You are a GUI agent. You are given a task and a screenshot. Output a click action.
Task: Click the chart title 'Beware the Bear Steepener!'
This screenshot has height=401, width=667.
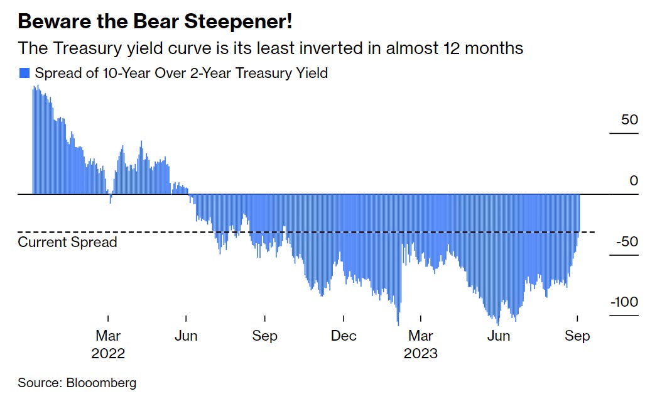click(155, 23)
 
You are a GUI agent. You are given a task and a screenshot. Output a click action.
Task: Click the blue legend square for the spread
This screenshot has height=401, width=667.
click(24, 74)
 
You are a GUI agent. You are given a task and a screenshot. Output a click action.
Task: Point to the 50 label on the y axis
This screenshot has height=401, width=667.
click(629, 119)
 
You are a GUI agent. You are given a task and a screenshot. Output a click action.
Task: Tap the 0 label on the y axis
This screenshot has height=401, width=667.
click(634, 181)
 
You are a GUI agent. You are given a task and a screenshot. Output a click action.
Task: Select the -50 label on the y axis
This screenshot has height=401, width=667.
click(626, 242)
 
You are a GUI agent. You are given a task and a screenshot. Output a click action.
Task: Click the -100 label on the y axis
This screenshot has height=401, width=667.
click(624, 302)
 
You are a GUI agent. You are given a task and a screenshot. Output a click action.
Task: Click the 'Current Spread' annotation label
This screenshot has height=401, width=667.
click(67, 242)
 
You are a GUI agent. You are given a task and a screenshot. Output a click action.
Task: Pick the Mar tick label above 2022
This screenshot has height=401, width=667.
click(108, 336)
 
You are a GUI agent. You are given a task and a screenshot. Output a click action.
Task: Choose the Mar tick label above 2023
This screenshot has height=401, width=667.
click(420, 336)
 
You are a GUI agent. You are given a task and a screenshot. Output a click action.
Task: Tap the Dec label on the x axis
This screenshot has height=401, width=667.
click(344, 336)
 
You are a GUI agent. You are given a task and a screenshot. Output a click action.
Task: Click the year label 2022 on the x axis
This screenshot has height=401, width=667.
click(108, 353)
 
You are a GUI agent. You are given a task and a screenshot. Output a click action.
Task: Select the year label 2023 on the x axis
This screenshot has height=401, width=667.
click(420, 353)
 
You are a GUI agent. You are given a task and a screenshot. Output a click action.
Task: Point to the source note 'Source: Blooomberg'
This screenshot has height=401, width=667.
click(77, 383)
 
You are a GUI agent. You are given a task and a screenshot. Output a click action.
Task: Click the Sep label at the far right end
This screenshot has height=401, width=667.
click(577, 336)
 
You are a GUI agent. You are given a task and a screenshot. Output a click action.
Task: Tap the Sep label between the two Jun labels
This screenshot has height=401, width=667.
click(264, 336)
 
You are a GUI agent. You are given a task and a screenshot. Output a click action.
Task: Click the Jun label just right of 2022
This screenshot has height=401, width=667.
click(186, 336)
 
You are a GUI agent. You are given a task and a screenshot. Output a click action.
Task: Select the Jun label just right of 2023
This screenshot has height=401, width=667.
click(499, 336)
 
